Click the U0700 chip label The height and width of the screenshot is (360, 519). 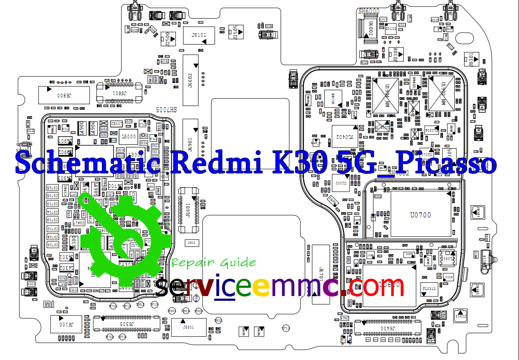coord(420,215)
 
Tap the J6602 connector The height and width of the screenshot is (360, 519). coord(190,80)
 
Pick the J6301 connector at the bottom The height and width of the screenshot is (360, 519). coord(188,327)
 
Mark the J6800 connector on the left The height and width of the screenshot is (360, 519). coord(64,95)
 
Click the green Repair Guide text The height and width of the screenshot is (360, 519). coord(213,262)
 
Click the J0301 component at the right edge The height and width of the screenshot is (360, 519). coord(469,59)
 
